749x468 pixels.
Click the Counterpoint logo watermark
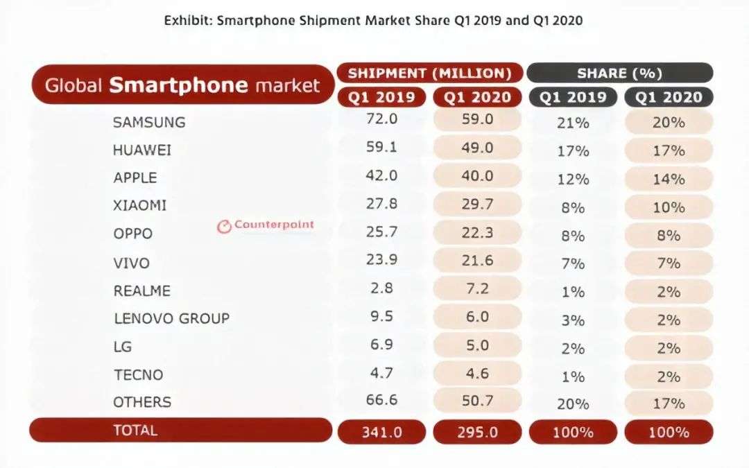[x=266, y=225]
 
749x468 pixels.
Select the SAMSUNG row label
[x=149, y=122]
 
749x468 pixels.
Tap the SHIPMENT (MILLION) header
[x=430, y=73]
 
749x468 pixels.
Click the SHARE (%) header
[x=619, y=73]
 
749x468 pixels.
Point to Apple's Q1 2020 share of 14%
[x=669, y=179]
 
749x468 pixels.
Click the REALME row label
[x=142, y=291]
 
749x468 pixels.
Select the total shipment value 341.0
[x=381, y=432]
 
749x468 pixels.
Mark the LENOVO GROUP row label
[x=171, y=319]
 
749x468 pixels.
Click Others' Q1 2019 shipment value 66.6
[x=381, y=401]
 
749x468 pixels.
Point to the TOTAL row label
[x=135, y=431]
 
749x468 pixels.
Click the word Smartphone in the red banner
[x=178, y=85]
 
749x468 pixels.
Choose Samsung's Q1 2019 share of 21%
[x=573, y=123]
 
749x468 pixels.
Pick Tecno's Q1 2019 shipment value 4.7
[x=381, y=372]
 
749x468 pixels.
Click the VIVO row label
[x=132, y=263]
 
